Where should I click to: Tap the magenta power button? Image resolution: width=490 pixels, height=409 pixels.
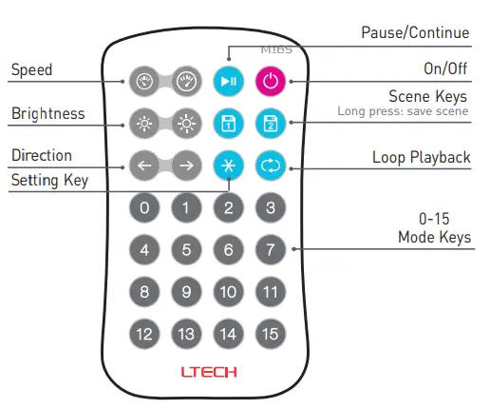[x=271, y=81]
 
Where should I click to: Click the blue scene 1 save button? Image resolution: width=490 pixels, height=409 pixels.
[x=228, y=123]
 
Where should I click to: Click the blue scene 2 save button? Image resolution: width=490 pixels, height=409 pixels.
[x=271, y=123]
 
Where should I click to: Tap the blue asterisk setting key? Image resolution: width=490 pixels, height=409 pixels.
[x=228, y=166]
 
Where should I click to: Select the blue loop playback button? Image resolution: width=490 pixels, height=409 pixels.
[x=271, y=166]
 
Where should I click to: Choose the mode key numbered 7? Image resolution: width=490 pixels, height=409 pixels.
[x=271, y=251]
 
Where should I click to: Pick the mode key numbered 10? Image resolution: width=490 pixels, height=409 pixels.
[x=228, y=292]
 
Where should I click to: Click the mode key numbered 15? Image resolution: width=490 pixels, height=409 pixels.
[x=271, y=334]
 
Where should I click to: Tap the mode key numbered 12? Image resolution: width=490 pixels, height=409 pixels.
[x=144, y=334]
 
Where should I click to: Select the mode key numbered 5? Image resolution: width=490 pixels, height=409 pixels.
[x=186, y=251]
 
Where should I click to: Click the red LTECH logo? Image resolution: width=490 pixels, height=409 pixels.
[x=208, y=371]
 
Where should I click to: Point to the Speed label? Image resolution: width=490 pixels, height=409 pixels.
[x=31, y=70]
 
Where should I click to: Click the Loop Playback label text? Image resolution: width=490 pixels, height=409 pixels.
[x=420, y=157]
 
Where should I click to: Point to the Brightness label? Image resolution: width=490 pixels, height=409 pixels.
[x=48, y=113]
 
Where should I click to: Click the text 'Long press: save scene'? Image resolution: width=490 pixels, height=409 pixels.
[x=404, y=111]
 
